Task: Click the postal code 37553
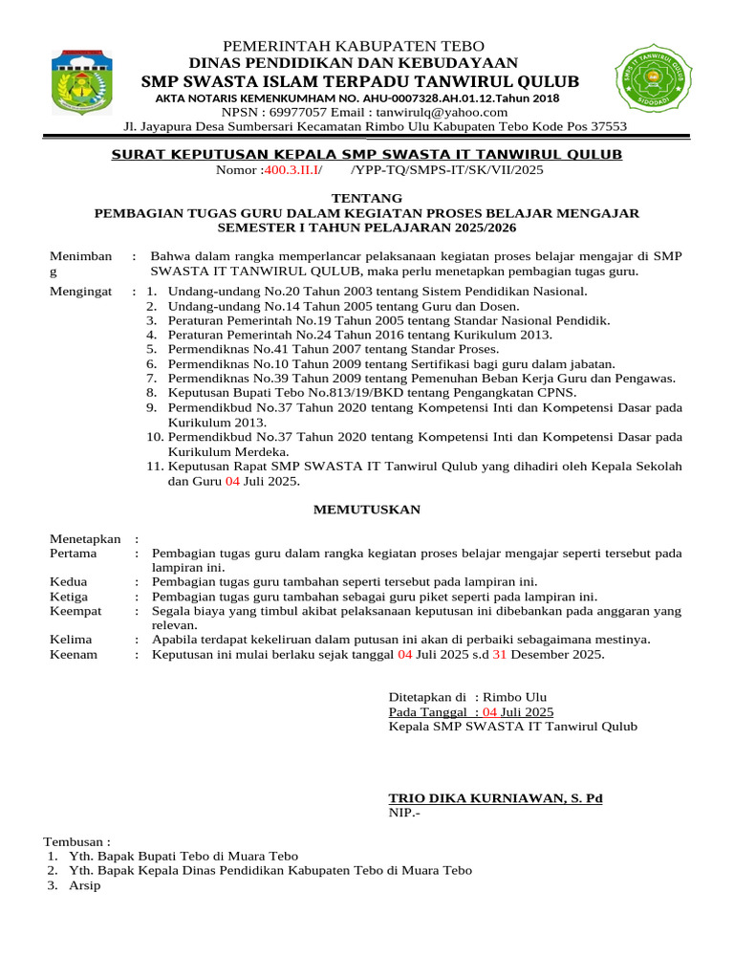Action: [x=605, y=126]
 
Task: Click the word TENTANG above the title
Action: [x=367, y=198]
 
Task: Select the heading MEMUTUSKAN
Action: [x=367, y=510]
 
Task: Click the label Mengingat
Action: [x=79, y=291]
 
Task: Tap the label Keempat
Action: [x=76, y=610]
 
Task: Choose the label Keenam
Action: [x=74, y=655]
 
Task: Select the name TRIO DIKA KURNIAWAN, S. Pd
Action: [x=495, y=798]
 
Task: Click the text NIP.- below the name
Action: [x=403, y=813]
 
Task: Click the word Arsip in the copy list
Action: [x=84, y=885]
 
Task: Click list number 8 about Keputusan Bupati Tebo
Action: [x=152, y=393]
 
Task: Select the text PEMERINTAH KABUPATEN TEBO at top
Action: [x=354, y=47]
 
